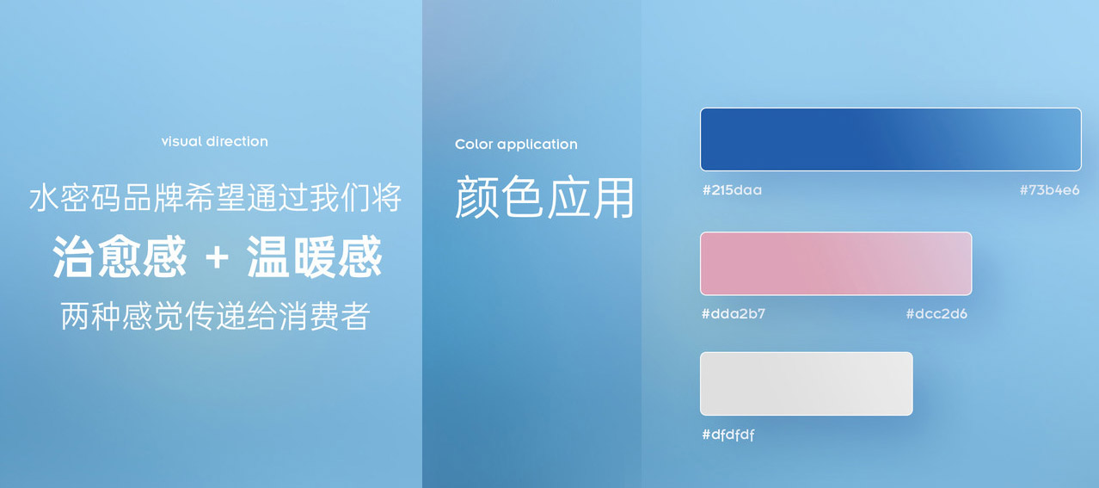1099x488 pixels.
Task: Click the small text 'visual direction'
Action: [x=214, y=141]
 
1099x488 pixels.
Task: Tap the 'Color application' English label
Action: [x=516, y=145]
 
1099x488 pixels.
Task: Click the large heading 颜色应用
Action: [x=544, y=197]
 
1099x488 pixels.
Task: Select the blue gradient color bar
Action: [x=891, y=139]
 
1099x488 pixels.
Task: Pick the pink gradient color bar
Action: [x=836, y=263]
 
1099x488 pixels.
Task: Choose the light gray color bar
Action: [x=807, y=384]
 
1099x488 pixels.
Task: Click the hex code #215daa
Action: [x=732, y=190]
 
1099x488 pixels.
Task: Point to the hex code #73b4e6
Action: [x=1049, y=190]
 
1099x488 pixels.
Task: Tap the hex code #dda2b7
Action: [x=734, y=313]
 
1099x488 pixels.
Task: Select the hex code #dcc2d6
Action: [x=936, y=313]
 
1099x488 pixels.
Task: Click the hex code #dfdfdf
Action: [x=728, y=435]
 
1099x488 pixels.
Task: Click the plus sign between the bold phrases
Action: [x=217, y=257]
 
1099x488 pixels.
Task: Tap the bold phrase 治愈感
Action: [x=120, y=256]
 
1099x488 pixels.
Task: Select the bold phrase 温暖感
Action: [x=314, y=256]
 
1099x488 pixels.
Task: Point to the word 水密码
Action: [x=75, y=198]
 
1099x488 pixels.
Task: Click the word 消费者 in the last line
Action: [x=324, y=316]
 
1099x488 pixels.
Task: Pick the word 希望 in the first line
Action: [x=215, y=198]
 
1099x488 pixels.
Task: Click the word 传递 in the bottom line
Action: [x=216, y=316]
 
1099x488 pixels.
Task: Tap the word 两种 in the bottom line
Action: [x=91, y=316]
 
